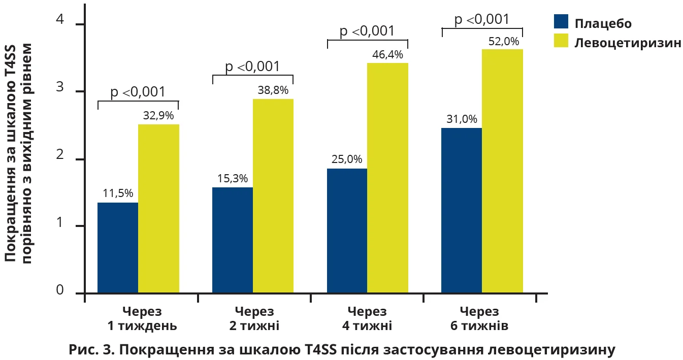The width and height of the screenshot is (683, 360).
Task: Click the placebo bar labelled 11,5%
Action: (x=117, y=248)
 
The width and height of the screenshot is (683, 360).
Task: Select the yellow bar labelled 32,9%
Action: (x=158, y=209)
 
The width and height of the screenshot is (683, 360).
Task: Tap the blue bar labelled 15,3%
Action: (x=232, y=240)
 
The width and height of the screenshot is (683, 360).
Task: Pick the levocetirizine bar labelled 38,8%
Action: (x=273, y=196)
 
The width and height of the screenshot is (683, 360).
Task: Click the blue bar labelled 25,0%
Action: (x=347, y=231)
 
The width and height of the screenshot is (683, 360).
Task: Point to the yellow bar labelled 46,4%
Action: (x=388, y=178)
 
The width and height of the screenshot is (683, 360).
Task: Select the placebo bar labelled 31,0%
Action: (x=462, y=211)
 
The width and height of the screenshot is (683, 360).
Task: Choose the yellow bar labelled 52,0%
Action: (x=502, y=171)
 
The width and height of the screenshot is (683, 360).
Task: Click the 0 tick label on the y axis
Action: (x=60, y=290)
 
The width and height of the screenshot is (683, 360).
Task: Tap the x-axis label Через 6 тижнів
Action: (x=479, y=318)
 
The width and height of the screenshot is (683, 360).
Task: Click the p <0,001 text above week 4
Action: (x=367, y=31)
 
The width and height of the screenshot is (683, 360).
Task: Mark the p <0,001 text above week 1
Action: (x=138, y=92)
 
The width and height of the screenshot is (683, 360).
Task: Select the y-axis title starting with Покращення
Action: (x=19, y=152)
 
